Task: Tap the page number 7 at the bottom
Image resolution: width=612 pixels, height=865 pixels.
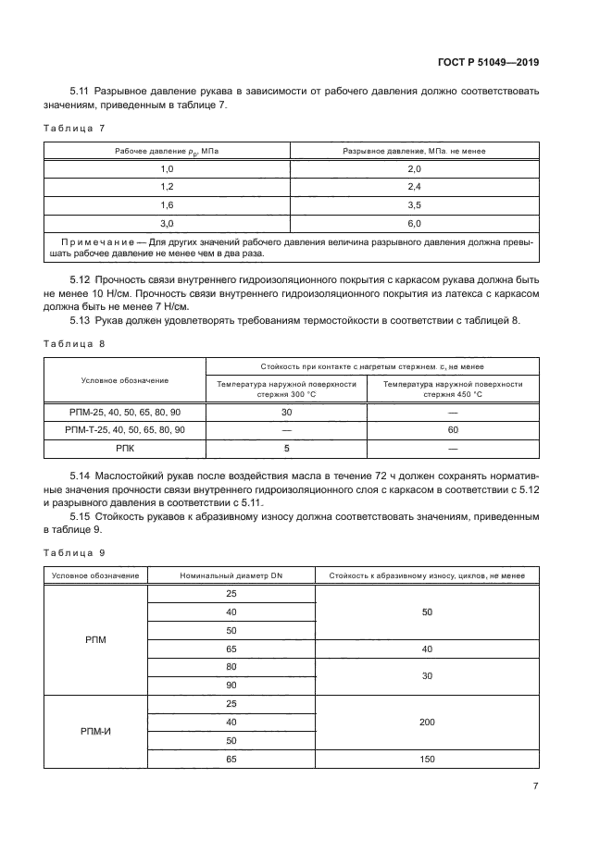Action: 536,786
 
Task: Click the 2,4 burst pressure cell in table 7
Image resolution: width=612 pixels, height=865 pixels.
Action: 414,187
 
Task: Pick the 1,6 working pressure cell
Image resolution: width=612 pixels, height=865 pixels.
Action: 168,204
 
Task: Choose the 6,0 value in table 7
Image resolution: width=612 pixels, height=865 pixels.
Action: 414,223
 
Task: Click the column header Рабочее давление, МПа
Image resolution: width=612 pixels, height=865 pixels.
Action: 168,150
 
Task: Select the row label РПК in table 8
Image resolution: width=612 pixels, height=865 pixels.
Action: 124,447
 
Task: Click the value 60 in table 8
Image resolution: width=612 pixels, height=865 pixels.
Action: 453,429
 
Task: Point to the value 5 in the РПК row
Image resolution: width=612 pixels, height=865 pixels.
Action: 286,447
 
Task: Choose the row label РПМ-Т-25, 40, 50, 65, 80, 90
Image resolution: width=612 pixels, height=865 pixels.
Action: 124,429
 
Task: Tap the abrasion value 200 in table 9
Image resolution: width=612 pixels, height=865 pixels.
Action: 426,722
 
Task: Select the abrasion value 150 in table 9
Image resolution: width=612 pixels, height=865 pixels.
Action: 426,759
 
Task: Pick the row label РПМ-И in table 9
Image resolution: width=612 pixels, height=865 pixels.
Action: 96,731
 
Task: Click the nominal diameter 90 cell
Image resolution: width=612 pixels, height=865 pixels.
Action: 231,685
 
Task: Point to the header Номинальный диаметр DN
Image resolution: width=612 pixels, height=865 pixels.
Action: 231,575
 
